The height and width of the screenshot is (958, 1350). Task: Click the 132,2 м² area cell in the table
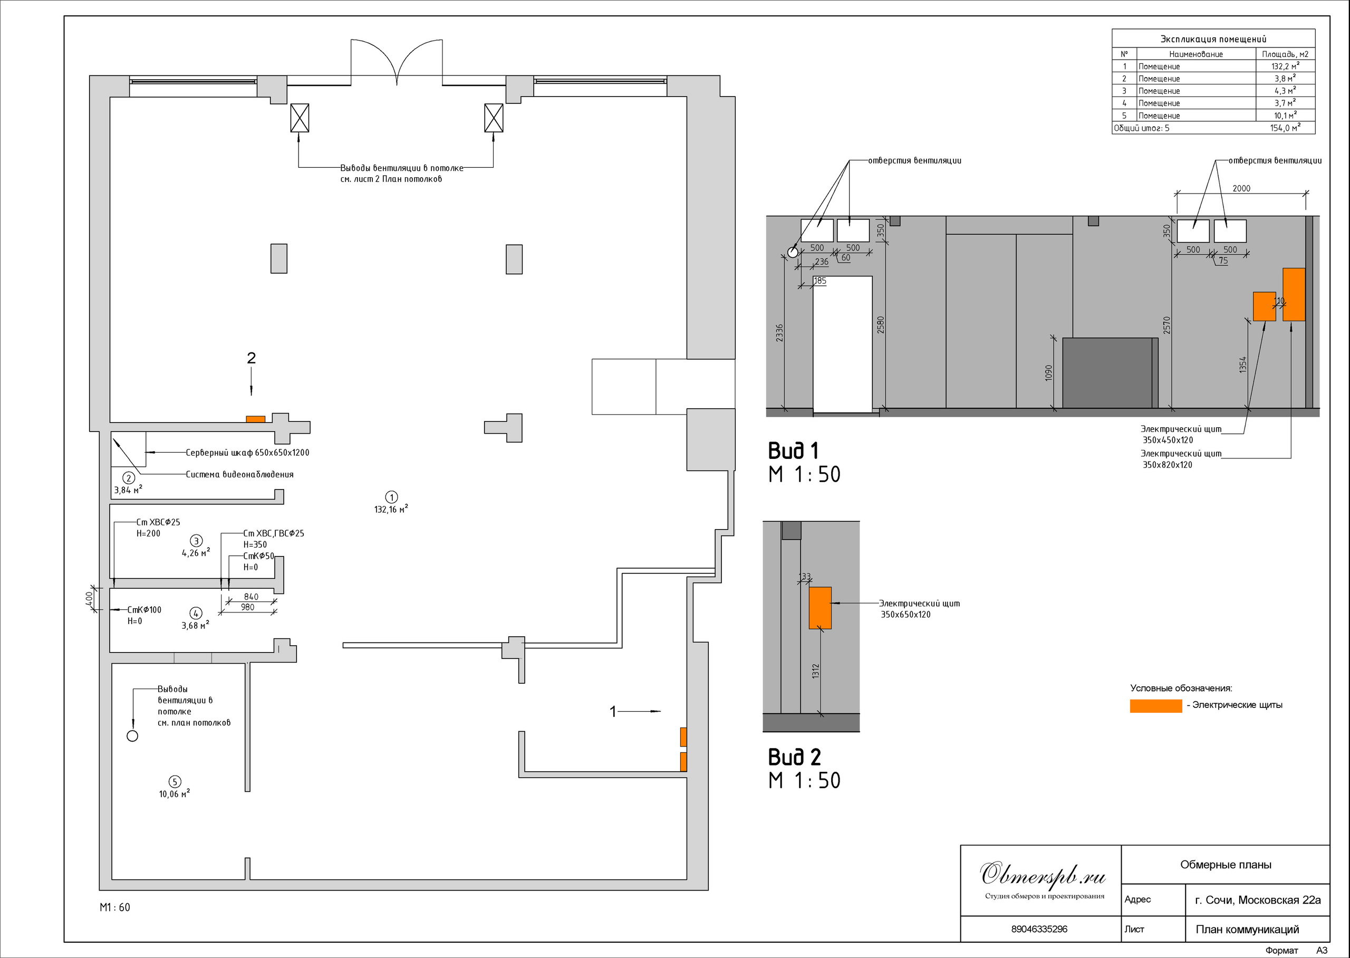pyautogui.click(x=1285, y=66)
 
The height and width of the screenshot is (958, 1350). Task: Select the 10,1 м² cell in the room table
pyautogui.click(x=1285, y=115)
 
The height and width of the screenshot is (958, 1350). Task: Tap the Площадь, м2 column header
pyautogui.click(x=1285, y=54)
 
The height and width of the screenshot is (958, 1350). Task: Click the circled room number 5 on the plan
pyautogui.click(x=175, y=782)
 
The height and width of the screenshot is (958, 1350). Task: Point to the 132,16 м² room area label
pyautogui.click(x=391, y=509)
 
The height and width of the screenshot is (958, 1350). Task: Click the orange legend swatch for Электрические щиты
pyautogui.click(x=1155, y=705)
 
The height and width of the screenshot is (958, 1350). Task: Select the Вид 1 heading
pyautogui.click(x=793, y=451)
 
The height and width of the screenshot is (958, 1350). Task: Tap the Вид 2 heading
pyautogui.click(x=794, y=757)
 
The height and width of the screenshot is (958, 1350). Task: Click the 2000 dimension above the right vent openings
pyautogui.click(x=1241, y=188)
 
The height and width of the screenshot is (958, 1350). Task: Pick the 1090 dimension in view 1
pyautogui.click(x=1048, y=373)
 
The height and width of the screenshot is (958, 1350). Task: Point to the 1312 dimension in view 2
pyautogui.click(x=815, y=670)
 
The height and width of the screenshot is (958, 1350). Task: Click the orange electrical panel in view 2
pyautogui.click(x=820, y=608)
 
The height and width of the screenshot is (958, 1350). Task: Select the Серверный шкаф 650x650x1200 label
pyautogui.click(x=248, y=453)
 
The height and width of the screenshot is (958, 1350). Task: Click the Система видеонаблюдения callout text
pyautogui.click(x=239, y=474)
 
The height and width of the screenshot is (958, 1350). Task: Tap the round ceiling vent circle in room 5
pyautogui.click(x=133, y=735)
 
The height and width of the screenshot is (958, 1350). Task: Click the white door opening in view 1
pyautogui.click(x=842, y=344)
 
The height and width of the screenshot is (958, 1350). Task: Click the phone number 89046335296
pyautogui.click(x=1039, y=928)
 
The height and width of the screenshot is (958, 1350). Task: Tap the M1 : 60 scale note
pyautogui.click(x=115, y=907)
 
